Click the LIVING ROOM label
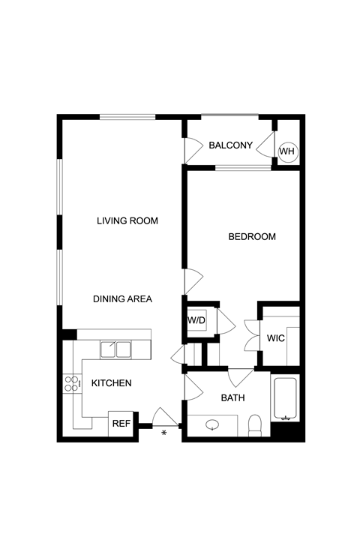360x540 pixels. (127, 220)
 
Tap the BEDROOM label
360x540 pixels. (252, 236)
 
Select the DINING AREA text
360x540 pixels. (123, 299)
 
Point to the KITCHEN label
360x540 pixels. (111, 383)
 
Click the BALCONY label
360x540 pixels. (231, 145)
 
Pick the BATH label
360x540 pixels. (233, 397)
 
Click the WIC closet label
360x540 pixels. (275, 338)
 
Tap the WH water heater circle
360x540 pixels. (288, 151)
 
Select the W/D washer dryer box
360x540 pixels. (196, 321)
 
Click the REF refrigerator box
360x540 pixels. (121, 424)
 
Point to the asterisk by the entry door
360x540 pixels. (164, 433)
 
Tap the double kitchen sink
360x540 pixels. (115, 349)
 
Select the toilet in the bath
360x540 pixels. (255, 425)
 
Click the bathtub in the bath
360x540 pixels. (285, 399)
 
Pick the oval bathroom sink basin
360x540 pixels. (212, 425)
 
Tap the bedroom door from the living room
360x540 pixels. (194, 281)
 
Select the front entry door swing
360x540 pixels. (165, 417)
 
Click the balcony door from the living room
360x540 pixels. (193, 151)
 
